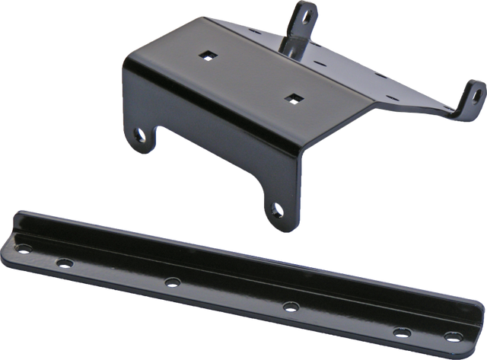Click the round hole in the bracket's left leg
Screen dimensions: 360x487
coord(140,135)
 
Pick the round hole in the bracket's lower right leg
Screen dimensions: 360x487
coord(275,205)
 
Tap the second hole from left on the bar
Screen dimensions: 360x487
coord(64,262)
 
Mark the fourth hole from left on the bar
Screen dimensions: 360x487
coord(288,307)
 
